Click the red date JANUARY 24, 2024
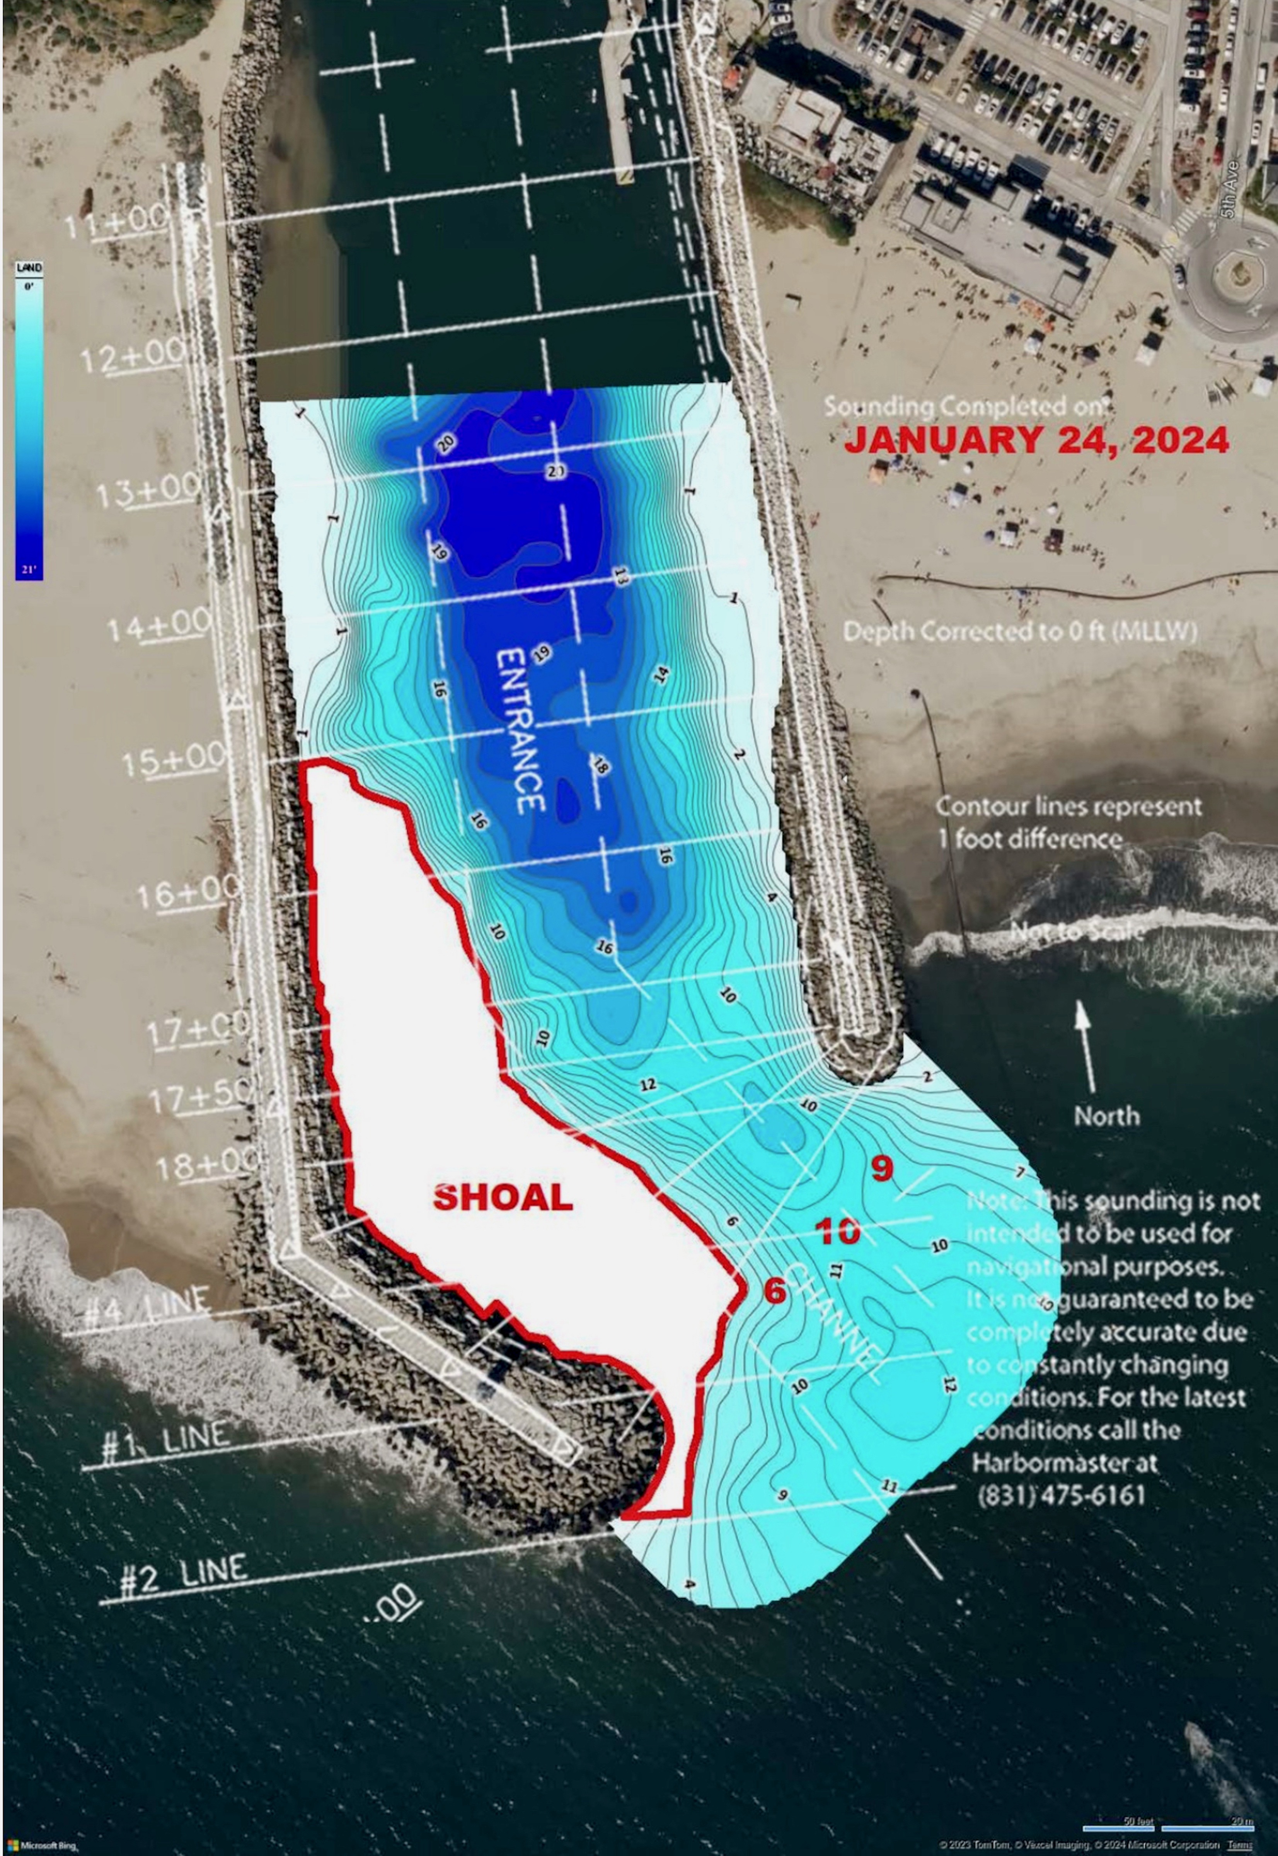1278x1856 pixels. pyautogui.click(x=1036, y=440)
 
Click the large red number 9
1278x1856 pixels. pyautogui.click(x=882, y=1169)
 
